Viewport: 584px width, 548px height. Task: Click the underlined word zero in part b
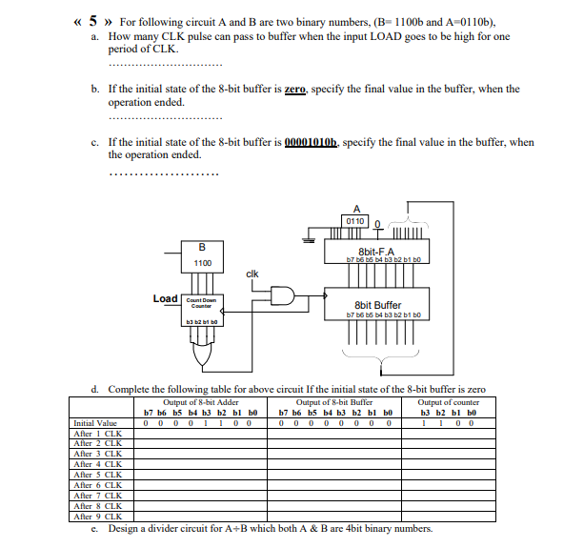pos(294,89)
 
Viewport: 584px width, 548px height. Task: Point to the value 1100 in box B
pos(202,262)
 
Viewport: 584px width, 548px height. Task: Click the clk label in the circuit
pos(252,274)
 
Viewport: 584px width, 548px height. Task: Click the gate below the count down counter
pos(202,355)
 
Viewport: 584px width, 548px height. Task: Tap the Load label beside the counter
pos(165,299)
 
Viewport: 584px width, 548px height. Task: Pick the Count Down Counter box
pos(202,302)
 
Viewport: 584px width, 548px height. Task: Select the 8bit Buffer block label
pos(377,305)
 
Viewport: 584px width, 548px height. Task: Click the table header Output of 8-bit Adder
pos(201,402)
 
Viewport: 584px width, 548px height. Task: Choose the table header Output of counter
pos(449,402)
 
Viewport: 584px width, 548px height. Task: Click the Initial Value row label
pos(95,422)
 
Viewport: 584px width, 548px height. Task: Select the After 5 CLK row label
pos(97,474)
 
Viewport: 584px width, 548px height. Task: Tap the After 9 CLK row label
pos(97,516)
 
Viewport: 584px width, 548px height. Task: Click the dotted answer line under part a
pos(165,65)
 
